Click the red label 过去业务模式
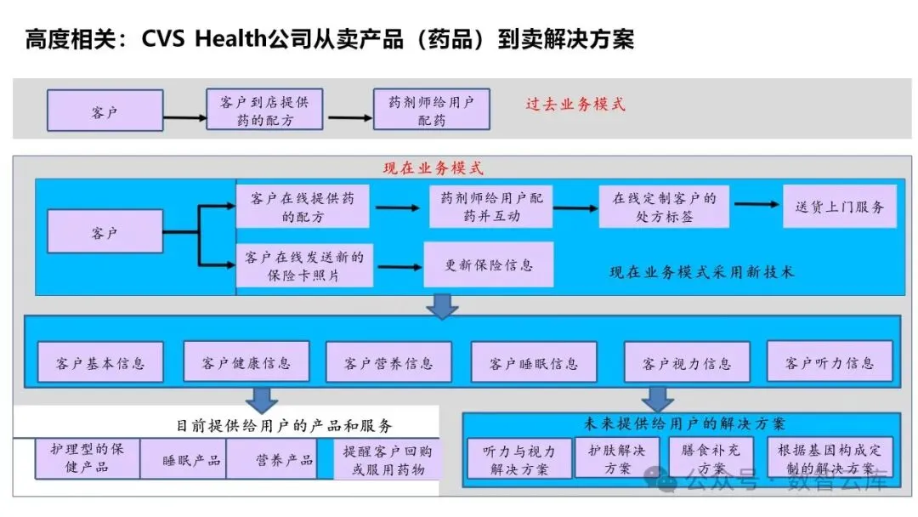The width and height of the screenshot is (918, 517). click(575, 105)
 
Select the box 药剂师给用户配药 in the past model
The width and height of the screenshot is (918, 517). click(431, 111)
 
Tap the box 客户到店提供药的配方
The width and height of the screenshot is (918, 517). click(264, 111)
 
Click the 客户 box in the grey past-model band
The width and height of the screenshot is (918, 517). click(105, 111)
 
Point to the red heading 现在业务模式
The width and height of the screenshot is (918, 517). click(433, 168)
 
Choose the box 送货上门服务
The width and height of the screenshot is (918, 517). click(839, 207)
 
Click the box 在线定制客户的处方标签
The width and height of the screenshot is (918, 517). click(664, 207)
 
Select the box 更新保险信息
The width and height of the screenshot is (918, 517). click(489, 264)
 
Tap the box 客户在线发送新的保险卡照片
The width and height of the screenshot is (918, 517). click(303, 265)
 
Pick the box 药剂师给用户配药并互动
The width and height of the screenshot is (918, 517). click(491, 207)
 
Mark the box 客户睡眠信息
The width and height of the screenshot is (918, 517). click(533, 363)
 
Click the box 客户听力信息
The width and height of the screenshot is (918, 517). click(829, 362)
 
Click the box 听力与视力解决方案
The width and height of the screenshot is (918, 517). click(518, 460)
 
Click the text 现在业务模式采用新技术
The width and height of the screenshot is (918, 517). click(702, 272)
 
